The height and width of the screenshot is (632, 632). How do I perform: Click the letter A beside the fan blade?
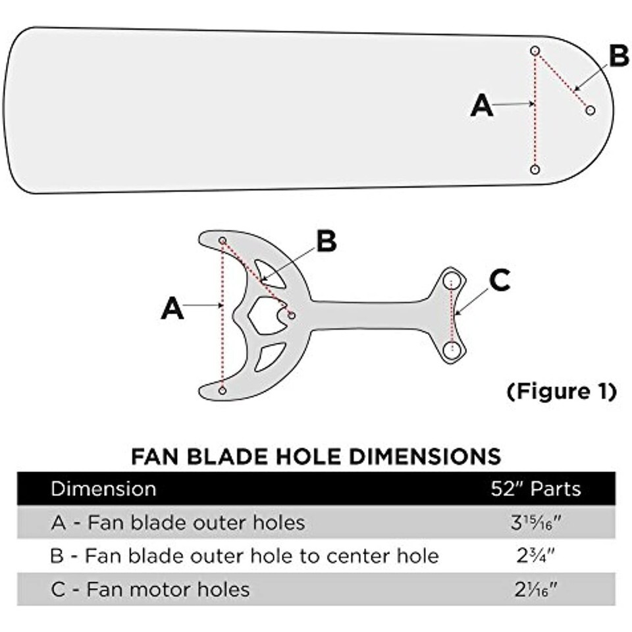click(482, 105)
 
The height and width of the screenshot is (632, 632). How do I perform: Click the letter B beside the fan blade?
click(618, 57)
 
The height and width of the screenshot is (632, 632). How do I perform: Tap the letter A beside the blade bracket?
click(172, 308)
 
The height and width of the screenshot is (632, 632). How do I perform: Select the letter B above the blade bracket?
click(327, 242)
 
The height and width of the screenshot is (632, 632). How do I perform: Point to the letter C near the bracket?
click(500, 282)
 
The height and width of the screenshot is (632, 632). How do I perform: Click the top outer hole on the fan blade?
click(535, 51)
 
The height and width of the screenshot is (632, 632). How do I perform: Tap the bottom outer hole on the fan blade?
click(535, 170)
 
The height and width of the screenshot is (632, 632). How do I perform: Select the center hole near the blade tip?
click(590, 111)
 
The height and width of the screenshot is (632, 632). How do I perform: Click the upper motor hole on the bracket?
click(452, 278)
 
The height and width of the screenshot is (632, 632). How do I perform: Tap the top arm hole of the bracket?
click(223, 240)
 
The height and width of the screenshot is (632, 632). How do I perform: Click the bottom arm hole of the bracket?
click(223, 391)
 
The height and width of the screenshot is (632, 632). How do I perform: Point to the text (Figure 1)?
click(562, 392)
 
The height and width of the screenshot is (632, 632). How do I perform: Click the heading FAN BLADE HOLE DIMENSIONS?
click(316, 456)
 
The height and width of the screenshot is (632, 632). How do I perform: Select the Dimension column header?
click(103, 489)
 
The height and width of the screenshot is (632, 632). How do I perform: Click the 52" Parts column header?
click(536, 489)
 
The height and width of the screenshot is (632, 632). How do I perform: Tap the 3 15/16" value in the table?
click(536, 523)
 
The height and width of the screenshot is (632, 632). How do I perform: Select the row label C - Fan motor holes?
click(150, 589)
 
